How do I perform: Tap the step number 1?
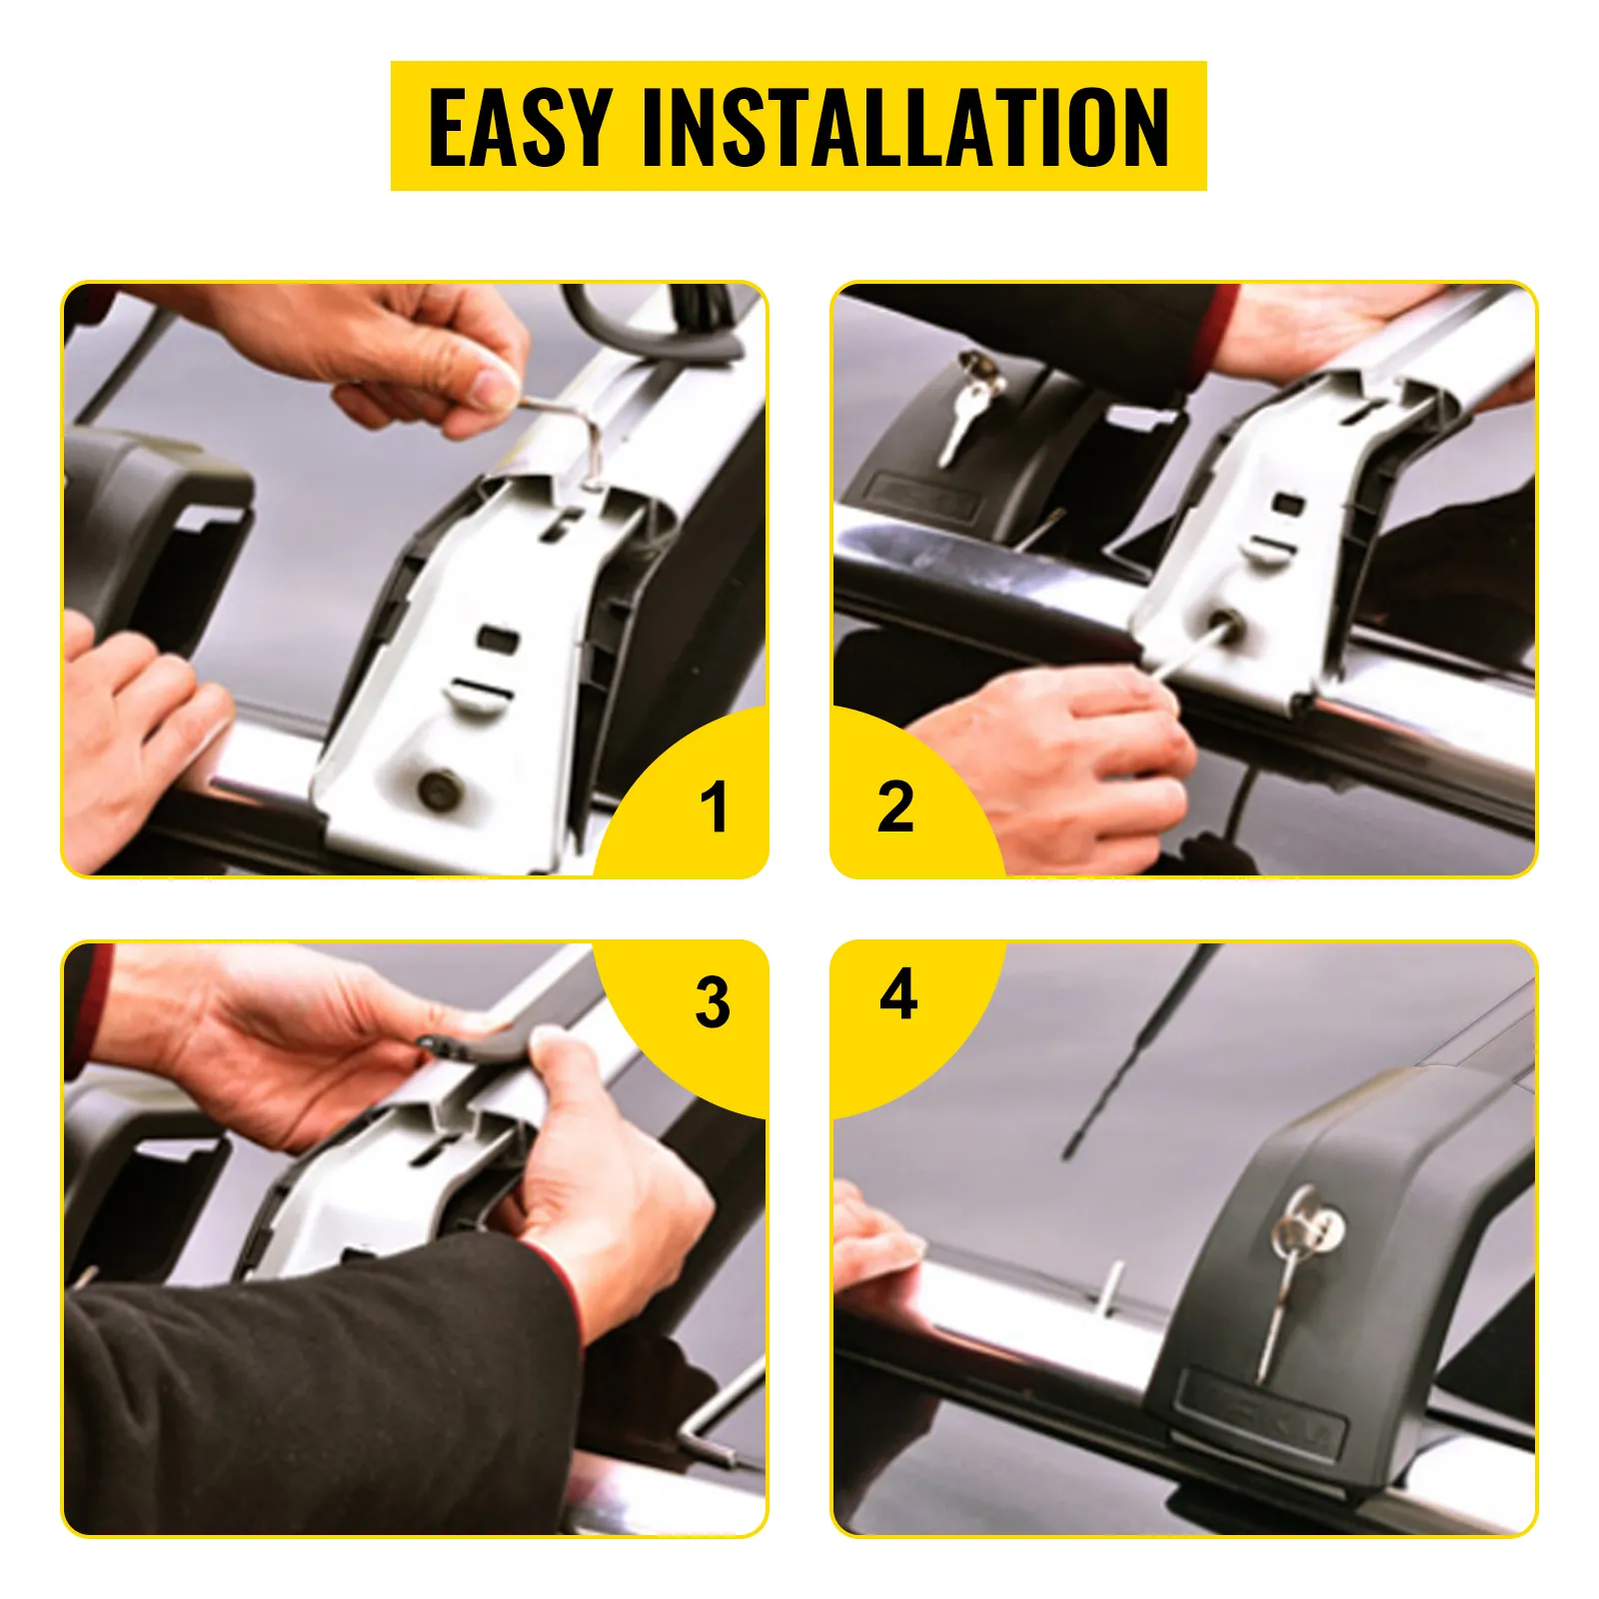coord(714,807)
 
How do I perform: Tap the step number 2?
coord(895,807)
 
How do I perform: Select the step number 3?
coord(713,1002)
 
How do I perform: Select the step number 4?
coord(898,994)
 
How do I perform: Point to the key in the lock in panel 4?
coord(1289,1279)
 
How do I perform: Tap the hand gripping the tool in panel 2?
coord(1069,760)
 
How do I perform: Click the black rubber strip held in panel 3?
coord(470,1046)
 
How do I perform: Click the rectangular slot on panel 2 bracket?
coord(1288,502)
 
